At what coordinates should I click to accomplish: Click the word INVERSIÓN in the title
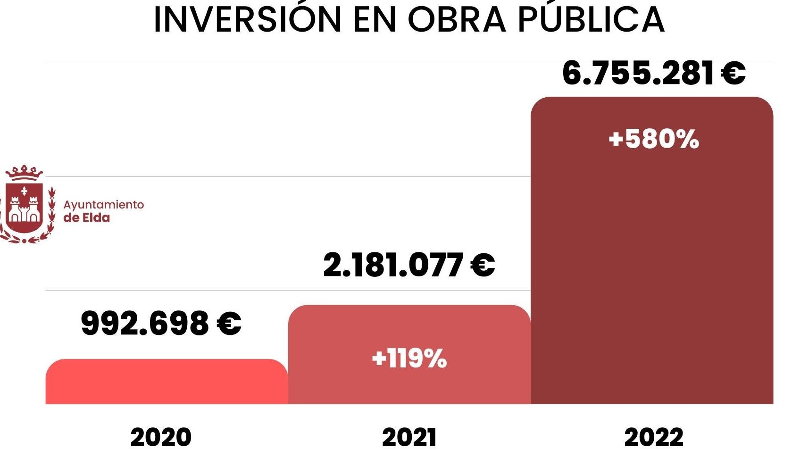click(247, 20)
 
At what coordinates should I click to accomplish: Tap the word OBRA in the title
click(457, 20)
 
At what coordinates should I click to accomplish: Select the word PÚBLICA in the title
click(592, 20)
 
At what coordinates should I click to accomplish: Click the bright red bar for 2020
click(166, 382)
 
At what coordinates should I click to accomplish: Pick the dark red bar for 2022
click(651, 264)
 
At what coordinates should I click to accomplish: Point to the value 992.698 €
click(161, 324)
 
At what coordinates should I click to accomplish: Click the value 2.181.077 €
click(409, 265)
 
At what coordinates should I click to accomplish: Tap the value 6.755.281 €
click(653, 74)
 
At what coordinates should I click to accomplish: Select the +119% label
click(409, 358)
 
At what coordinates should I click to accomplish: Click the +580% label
click(653, 139)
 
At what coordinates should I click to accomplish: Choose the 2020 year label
click(161, 437)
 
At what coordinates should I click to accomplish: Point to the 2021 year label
click(409, 437)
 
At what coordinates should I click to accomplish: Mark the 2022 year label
click(653, 437)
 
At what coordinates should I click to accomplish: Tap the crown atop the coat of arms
click(24, 173)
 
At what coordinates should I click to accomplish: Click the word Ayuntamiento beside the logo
click(103, 205)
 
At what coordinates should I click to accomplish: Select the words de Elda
click(86, 218)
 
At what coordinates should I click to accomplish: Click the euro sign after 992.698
click(229, 324)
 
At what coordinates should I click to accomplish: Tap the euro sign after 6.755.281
click(733, 74)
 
